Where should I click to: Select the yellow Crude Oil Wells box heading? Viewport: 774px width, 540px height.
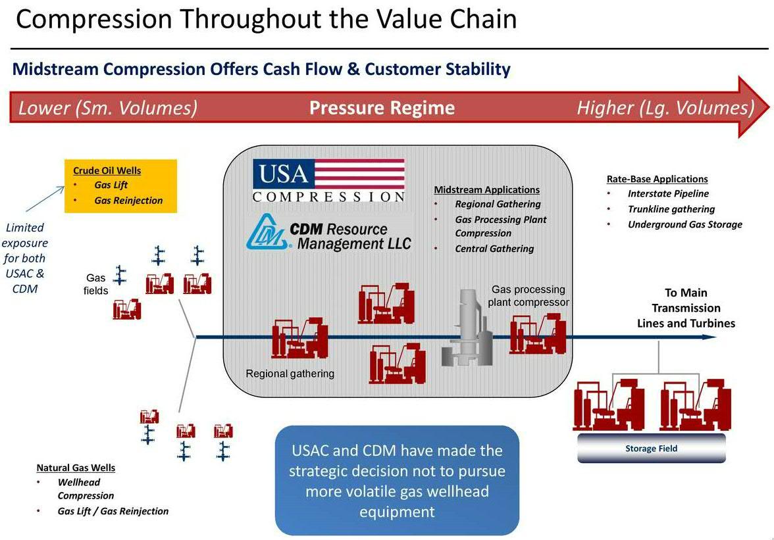tap(107, 171)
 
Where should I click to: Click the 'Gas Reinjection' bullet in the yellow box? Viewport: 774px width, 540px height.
tap(128, 201)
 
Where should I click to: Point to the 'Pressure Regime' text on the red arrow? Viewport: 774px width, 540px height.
tap(382, 108)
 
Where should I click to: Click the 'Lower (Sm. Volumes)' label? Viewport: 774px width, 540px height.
tap(108, 108)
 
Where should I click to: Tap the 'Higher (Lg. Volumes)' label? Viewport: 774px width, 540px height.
tap(665, 108)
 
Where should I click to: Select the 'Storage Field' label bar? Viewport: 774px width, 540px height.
tap(651, 449)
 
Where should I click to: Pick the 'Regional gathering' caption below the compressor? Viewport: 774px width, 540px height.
tap(290, 374)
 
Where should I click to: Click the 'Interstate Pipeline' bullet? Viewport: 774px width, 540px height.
tap(667, 194)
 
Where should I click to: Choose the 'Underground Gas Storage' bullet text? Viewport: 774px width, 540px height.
tap(684, 225)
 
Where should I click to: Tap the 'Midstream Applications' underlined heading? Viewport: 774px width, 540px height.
tap(486, 190)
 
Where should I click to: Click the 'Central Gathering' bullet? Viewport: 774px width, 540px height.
tap(494, 249)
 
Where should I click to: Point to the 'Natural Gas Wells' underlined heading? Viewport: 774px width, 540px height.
tap(76, 468)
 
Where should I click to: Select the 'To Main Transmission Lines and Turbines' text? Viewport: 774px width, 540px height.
tap(686, 308)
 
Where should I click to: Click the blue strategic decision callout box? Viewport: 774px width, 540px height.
tap(397, 481)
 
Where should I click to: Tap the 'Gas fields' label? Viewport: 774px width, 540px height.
tap(95, 284)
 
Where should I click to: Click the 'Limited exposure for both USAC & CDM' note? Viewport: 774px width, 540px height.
tap(25, 258)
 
